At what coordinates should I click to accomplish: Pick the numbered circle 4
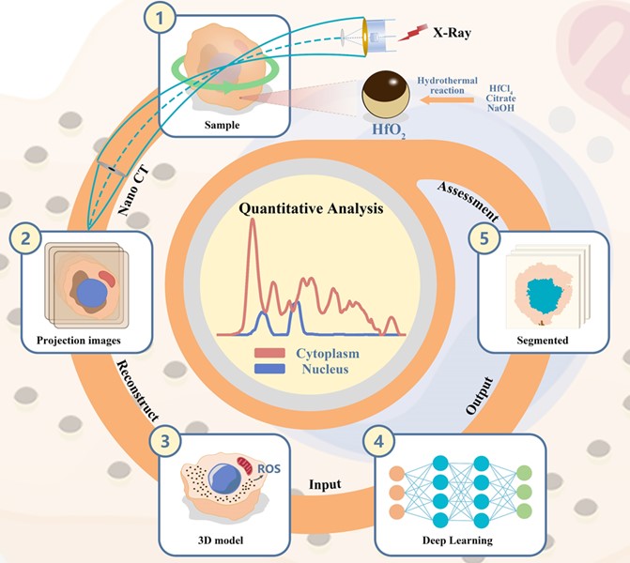click(x=377, y=440)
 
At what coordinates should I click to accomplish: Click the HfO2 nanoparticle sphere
click(x=386, y=97)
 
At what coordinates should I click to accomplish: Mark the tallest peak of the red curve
click(x=252, y=228)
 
